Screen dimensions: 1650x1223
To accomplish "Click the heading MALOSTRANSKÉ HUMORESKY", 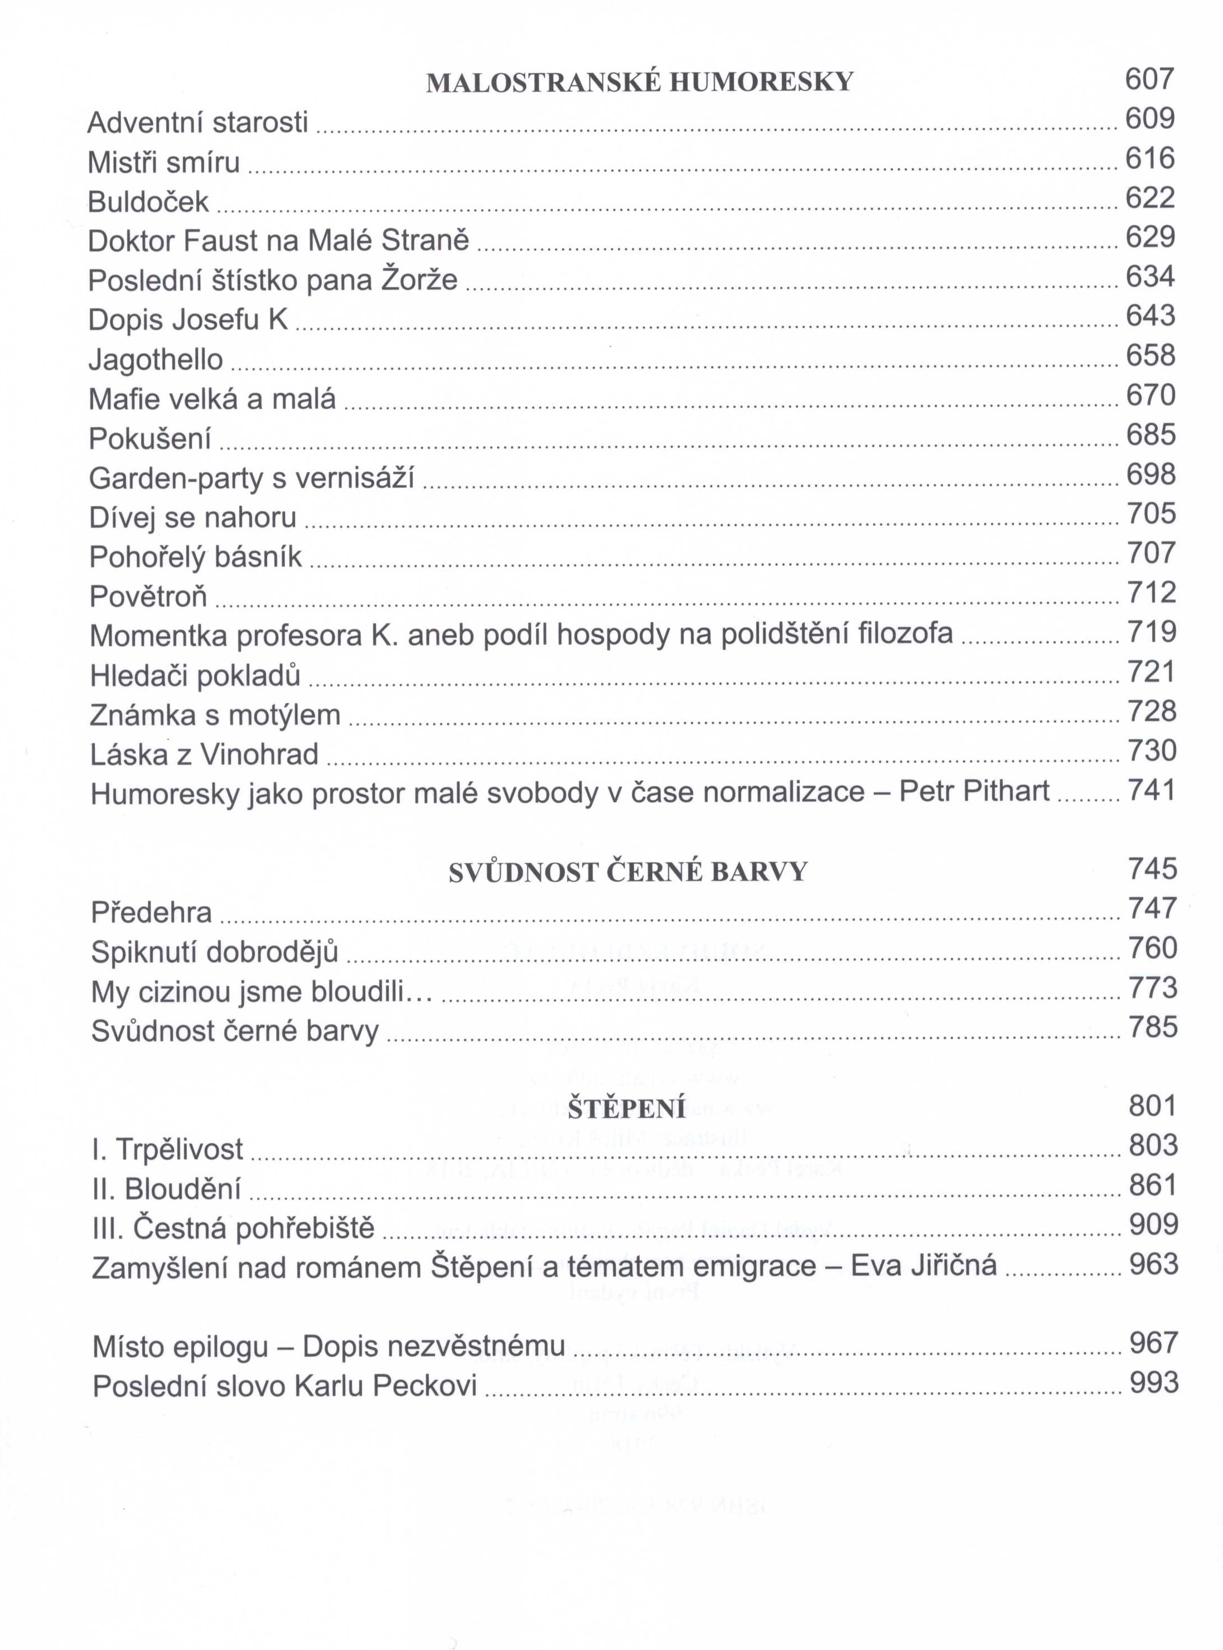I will coord(640,82).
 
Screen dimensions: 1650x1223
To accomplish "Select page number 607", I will coord(1150,79).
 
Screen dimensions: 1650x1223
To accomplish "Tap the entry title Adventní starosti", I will coord(197,122).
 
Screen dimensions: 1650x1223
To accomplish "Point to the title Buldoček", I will coord(148,201).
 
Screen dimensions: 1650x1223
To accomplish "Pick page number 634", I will coord(1151,276).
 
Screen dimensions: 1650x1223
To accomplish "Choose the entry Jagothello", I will coord(156,359).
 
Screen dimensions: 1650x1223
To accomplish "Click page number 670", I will coord(1151,395).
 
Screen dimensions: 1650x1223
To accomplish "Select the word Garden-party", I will coord(176,478).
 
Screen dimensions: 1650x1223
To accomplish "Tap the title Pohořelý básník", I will coord(195,557).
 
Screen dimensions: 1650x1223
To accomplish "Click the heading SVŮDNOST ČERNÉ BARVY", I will coord(628,873).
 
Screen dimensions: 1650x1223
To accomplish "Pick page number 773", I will coord(1153,988).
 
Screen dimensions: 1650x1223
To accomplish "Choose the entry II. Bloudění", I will coord(167,1188).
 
